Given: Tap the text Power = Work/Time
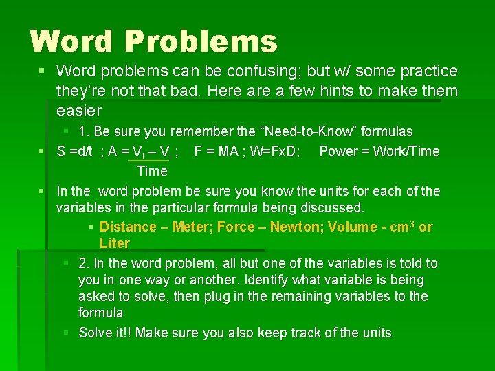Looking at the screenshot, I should [379, 151].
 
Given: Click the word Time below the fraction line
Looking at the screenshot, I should [152, 171].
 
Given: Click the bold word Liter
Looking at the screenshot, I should [114, 244].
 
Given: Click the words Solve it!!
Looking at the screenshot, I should [107, 333].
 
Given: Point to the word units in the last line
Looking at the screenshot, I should [375, 333].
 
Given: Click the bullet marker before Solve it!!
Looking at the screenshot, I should [66, 333].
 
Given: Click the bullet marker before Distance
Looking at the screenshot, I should [91, 227].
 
